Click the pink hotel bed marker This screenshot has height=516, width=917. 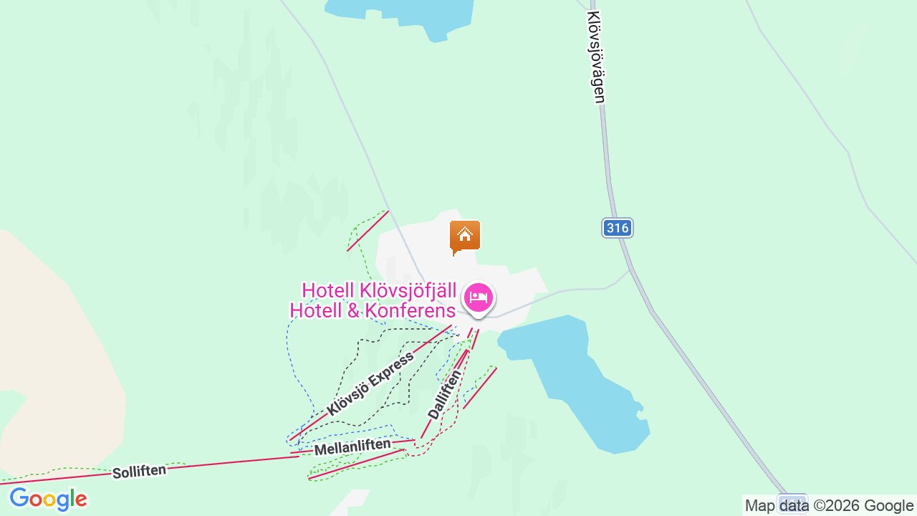(x=479, y=297)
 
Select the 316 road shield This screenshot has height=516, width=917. (x=617, y=228)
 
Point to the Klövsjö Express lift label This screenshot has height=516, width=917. (x=370, y=384)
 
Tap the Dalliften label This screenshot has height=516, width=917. (x=444, y=394)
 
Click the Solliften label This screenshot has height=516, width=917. (x=139, y=471)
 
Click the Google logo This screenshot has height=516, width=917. (x=48, y=500)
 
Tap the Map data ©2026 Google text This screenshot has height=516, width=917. (x=829, y=505)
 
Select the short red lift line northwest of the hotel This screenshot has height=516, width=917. (x=368, y=231)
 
